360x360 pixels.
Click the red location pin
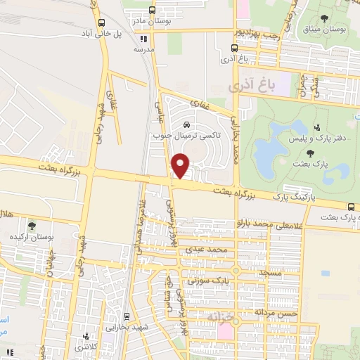click(x=181, y=165)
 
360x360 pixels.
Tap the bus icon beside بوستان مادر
click(x=153, y=11)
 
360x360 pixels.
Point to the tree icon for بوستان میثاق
click(x=325, y=19)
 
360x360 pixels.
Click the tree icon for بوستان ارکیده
click(x=32, y=226)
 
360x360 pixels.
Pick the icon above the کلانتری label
click(x=86, y=337)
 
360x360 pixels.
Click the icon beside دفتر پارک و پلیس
click(x=317, y=128)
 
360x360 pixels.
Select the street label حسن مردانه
click(x=278, y=312)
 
